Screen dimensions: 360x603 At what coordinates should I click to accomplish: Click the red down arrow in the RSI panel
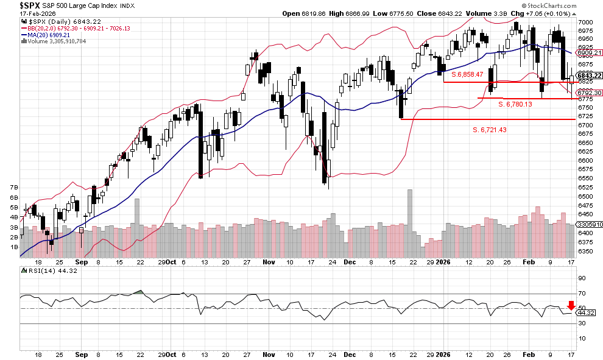pyautogui.click(x=571, y=305)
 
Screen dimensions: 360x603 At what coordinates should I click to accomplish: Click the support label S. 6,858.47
pyautogui.click(x=462, y=74)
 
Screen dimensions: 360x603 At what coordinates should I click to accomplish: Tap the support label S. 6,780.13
pyautogui.click(x=515, y=104)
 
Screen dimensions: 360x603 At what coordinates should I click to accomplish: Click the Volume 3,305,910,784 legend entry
pyautogui.click(x=57, y=41)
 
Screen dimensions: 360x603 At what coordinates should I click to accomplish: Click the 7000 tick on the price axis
pyautogui.click(x=585, y=21)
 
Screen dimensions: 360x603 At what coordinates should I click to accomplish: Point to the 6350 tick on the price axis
pyautogui.click(x=585, y=251)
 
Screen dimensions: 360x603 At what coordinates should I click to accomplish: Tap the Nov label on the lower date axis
pyautogui.click(x=269, y=354)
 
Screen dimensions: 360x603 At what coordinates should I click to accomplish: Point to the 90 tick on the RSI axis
pyautogui.click(x=581, y=278)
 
